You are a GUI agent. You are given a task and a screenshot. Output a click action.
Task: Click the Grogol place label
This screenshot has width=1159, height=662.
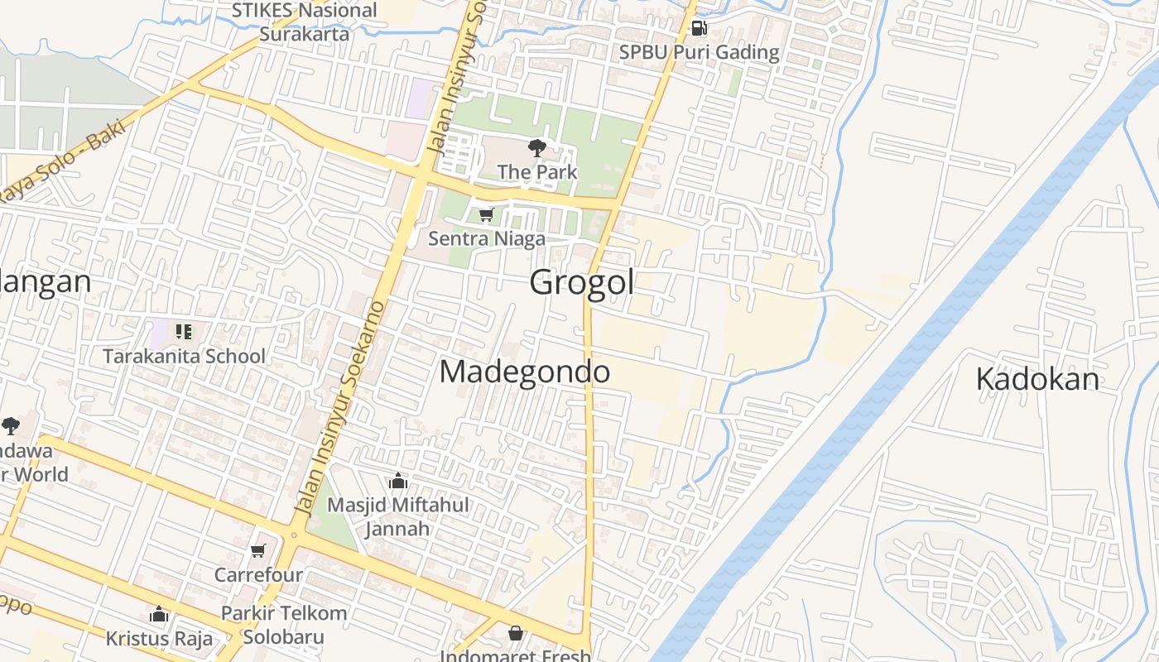582,282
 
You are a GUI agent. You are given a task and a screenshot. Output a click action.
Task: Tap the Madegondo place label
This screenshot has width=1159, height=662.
525,372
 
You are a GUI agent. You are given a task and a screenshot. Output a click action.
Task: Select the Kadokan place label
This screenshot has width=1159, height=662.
1037,379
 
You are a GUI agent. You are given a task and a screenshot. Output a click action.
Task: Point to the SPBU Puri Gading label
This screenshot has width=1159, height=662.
700,52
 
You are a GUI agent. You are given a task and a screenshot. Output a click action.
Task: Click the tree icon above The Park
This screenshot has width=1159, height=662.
536,149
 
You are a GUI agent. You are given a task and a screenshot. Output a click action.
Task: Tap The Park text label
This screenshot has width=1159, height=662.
537,172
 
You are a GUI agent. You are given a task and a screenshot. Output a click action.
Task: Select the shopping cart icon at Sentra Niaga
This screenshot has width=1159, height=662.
486,215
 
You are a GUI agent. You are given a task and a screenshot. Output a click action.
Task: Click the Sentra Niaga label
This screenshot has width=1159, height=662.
487,239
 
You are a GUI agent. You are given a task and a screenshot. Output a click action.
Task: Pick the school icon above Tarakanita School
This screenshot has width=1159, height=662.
184,333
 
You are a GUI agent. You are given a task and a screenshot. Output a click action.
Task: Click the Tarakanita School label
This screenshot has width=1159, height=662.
184,357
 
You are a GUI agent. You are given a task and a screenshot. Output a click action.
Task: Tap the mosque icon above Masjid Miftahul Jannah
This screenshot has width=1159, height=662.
398,481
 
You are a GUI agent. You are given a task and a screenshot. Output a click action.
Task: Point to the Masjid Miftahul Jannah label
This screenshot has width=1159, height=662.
398,516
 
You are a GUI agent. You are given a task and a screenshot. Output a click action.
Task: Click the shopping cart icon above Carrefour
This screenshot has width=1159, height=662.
258,550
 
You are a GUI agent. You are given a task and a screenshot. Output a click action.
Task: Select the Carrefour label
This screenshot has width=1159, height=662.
258,574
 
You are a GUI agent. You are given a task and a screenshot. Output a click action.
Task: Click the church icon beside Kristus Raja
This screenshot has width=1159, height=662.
159,615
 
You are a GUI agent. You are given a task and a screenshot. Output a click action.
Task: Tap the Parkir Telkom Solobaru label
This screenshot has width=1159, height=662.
284,626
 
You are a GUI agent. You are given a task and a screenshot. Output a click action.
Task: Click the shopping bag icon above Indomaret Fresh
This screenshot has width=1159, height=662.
516,633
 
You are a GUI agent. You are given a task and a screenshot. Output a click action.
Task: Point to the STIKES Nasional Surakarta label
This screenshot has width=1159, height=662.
304,22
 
